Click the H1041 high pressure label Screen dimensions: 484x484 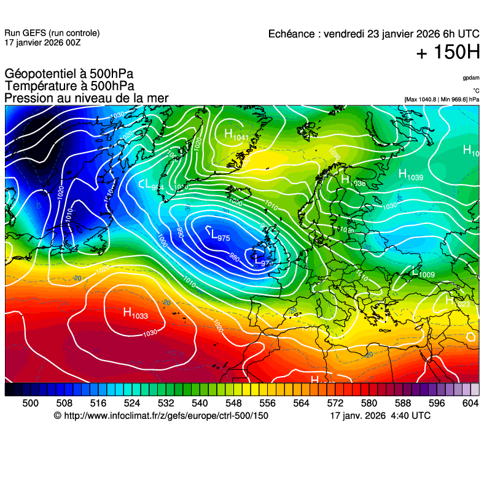[236, 135]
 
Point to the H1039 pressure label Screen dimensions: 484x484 [411, 175]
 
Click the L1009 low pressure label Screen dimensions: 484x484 [423, 272]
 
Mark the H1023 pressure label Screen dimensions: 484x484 [458, 302]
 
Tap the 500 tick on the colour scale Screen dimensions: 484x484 [30, 403]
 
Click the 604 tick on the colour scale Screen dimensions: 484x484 [470, 403]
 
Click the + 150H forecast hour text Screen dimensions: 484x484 [448, 53]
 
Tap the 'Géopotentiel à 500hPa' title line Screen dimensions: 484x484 [69, 74]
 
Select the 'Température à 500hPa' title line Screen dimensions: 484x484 [69, 86]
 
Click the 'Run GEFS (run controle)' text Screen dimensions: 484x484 [52, 33]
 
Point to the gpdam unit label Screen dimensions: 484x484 [470, 78]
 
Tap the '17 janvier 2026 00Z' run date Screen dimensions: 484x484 [42, 42]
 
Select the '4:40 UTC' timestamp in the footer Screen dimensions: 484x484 [410, 416]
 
